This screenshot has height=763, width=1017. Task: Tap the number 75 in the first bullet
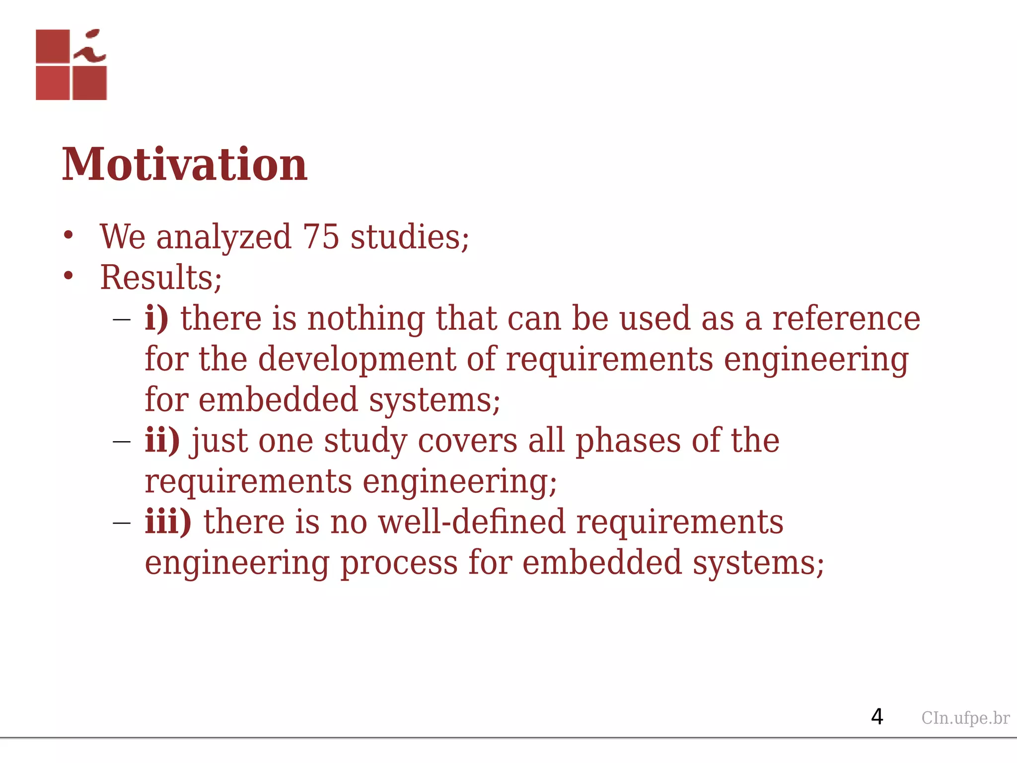[x=321, y=237]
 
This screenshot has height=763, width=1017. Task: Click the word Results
[x=157, y=278]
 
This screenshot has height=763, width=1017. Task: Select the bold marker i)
[x=156, y=318]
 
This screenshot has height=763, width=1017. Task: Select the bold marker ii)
[x=162, y=441]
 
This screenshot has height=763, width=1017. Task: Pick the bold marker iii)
[x=168, y=522]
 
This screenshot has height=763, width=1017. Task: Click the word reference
[x=846, y=318]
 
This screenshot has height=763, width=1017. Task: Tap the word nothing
[x=366, y=318]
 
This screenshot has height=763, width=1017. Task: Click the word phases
[x=628, y=441]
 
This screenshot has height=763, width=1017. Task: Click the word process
[x=399, y=563]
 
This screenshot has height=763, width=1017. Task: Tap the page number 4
[x=877, y=717]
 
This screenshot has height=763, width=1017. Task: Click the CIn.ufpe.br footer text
[x=965, y=718]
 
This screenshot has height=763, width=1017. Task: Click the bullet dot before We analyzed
[x=69, y=235]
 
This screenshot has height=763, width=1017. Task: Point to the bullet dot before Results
[x=69, y=276]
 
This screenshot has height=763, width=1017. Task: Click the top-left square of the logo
[x=53, y=46]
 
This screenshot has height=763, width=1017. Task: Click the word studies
[x=409, y=237]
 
